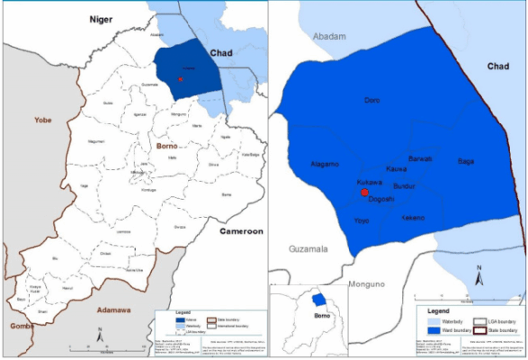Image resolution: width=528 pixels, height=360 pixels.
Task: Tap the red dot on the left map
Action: (181, 78)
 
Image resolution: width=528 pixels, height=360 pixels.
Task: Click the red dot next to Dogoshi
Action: (364, 193)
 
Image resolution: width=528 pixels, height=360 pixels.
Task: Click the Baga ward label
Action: (465, 161)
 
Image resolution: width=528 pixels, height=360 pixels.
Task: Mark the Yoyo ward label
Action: (362, 220)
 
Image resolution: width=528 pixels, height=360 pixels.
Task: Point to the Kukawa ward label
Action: (358, 183)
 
